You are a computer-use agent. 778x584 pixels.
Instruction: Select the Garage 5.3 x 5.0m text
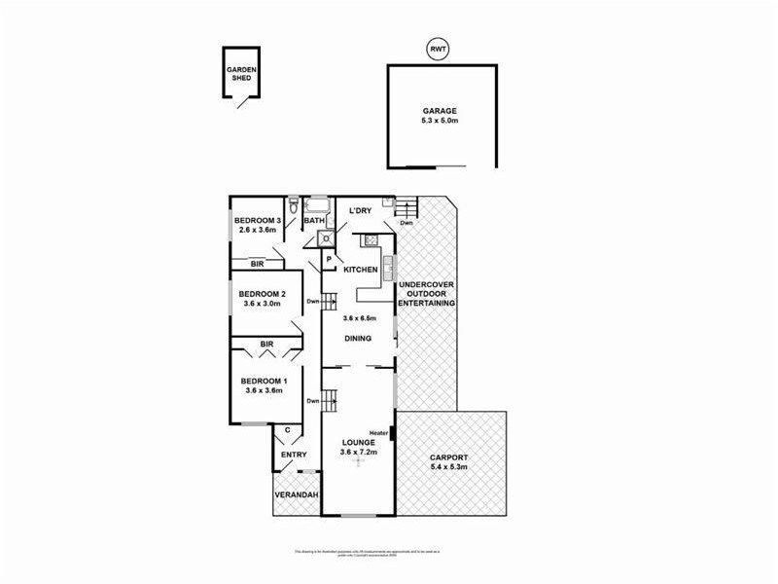pyautogui.click(x=440, y=117)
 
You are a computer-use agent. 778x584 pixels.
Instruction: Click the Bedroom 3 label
pyautogui.click(x=258, y=221)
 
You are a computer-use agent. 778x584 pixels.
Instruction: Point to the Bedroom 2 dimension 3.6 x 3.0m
pyautogui.click(x=261, y=304)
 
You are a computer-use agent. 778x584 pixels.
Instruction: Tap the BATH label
pyautogui.click(x=314, y=221)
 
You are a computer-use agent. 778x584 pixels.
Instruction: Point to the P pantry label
pyautogui.click(x=328, y=259)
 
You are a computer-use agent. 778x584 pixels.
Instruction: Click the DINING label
pyautogui.click(x=360, y=338)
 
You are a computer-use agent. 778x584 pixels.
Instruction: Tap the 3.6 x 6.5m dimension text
pyautogui.click(x=360, y=317)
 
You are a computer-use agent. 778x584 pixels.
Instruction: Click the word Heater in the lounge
pyautogui.click(x=379, y=432)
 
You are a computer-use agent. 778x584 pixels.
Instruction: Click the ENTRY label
pyautogui.click(x=293, y=455)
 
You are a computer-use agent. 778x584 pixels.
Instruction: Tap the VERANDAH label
pyautogui.click(x=295, y=495)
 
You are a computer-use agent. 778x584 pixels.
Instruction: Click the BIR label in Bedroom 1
pyautogui.click(x=265, y=345)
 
